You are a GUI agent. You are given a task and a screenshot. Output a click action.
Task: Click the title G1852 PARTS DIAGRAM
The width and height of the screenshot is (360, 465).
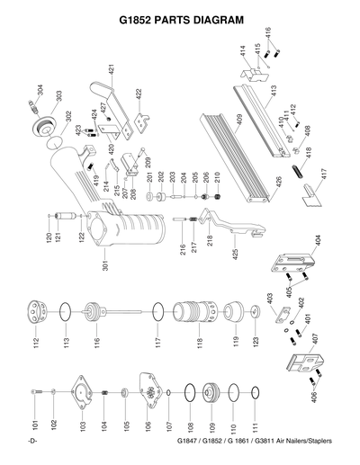[x=181, y=17]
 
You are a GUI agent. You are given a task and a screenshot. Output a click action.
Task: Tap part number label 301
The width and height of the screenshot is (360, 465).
[x=104, y=266]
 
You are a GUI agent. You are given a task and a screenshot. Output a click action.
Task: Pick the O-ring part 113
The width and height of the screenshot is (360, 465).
[x=63, y=313]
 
